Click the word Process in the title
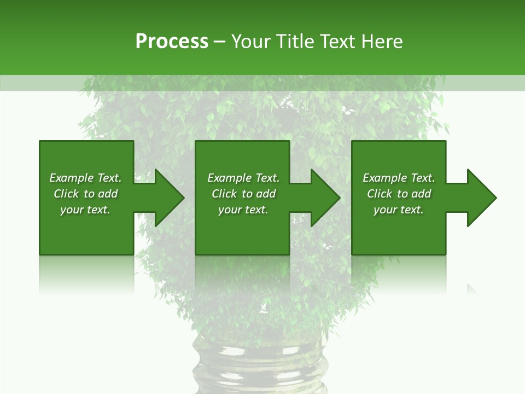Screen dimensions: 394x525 tap(172, 42)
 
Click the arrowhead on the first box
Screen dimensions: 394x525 tap(166, 198)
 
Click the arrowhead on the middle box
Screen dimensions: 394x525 tap(322, 198)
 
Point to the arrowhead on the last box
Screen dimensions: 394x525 tap(479, 198)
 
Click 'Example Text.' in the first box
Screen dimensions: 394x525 tap(85, 178)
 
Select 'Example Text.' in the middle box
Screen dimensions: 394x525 tap(243, 178)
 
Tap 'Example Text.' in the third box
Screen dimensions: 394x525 tap(399, 178)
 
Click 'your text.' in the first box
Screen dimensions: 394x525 tap(85, 210)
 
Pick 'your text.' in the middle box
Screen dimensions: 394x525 tap(243, 210)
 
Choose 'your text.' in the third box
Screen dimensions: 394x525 tap(399, 210)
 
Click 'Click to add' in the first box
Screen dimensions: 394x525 tap(85, 194)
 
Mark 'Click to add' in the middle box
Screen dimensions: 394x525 tap(243, 194)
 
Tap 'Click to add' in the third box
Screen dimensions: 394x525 tap(399, 194)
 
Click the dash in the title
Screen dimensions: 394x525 tap(219, 42)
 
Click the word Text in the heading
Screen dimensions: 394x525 tap(335, 42)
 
